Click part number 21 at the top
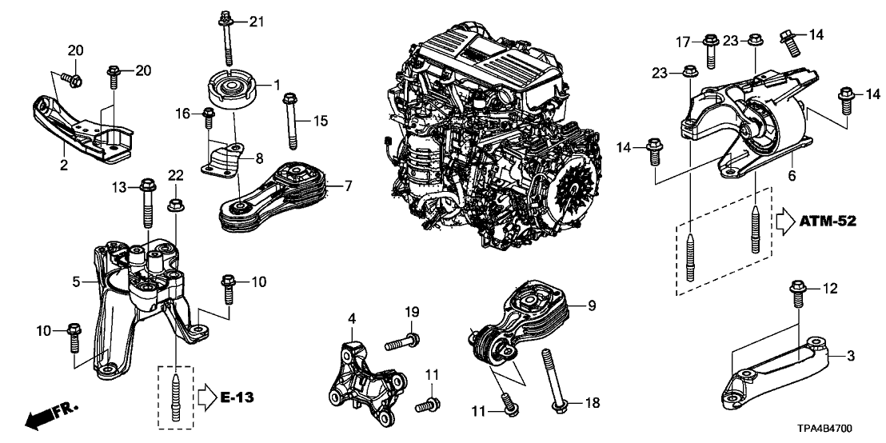[255, 20]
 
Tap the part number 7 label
[348, 186]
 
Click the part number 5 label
[77, 281]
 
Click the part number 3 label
[850, 354]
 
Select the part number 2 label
[62, 166]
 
